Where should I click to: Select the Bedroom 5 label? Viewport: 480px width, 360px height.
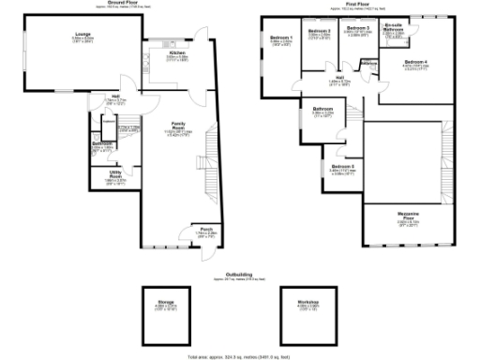(341, 167)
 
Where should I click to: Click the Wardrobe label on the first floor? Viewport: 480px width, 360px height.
(368, 64)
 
